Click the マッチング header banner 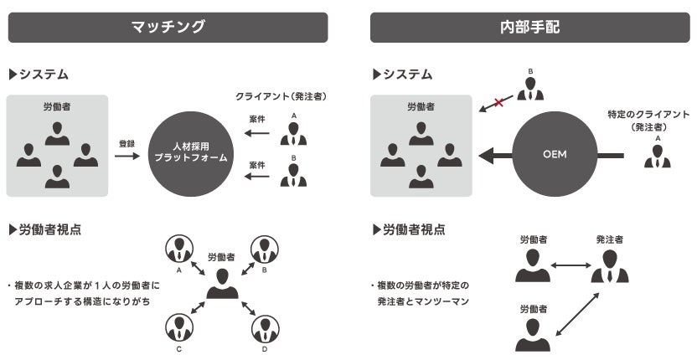(x=168, y=27)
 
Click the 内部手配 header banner (x=525, y=27)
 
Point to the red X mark (x=499, y=102)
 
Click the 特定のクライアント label (x=649, y=113)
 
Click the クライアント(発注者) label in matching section (x=281, y=97)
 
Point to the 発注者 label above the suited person (x=609, y=239)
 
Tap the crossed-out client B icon (x=529, y=88)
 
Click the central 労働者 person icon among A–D (x=221, y=283)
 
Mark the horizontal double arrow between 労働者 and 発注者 (x=571, y=266)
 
